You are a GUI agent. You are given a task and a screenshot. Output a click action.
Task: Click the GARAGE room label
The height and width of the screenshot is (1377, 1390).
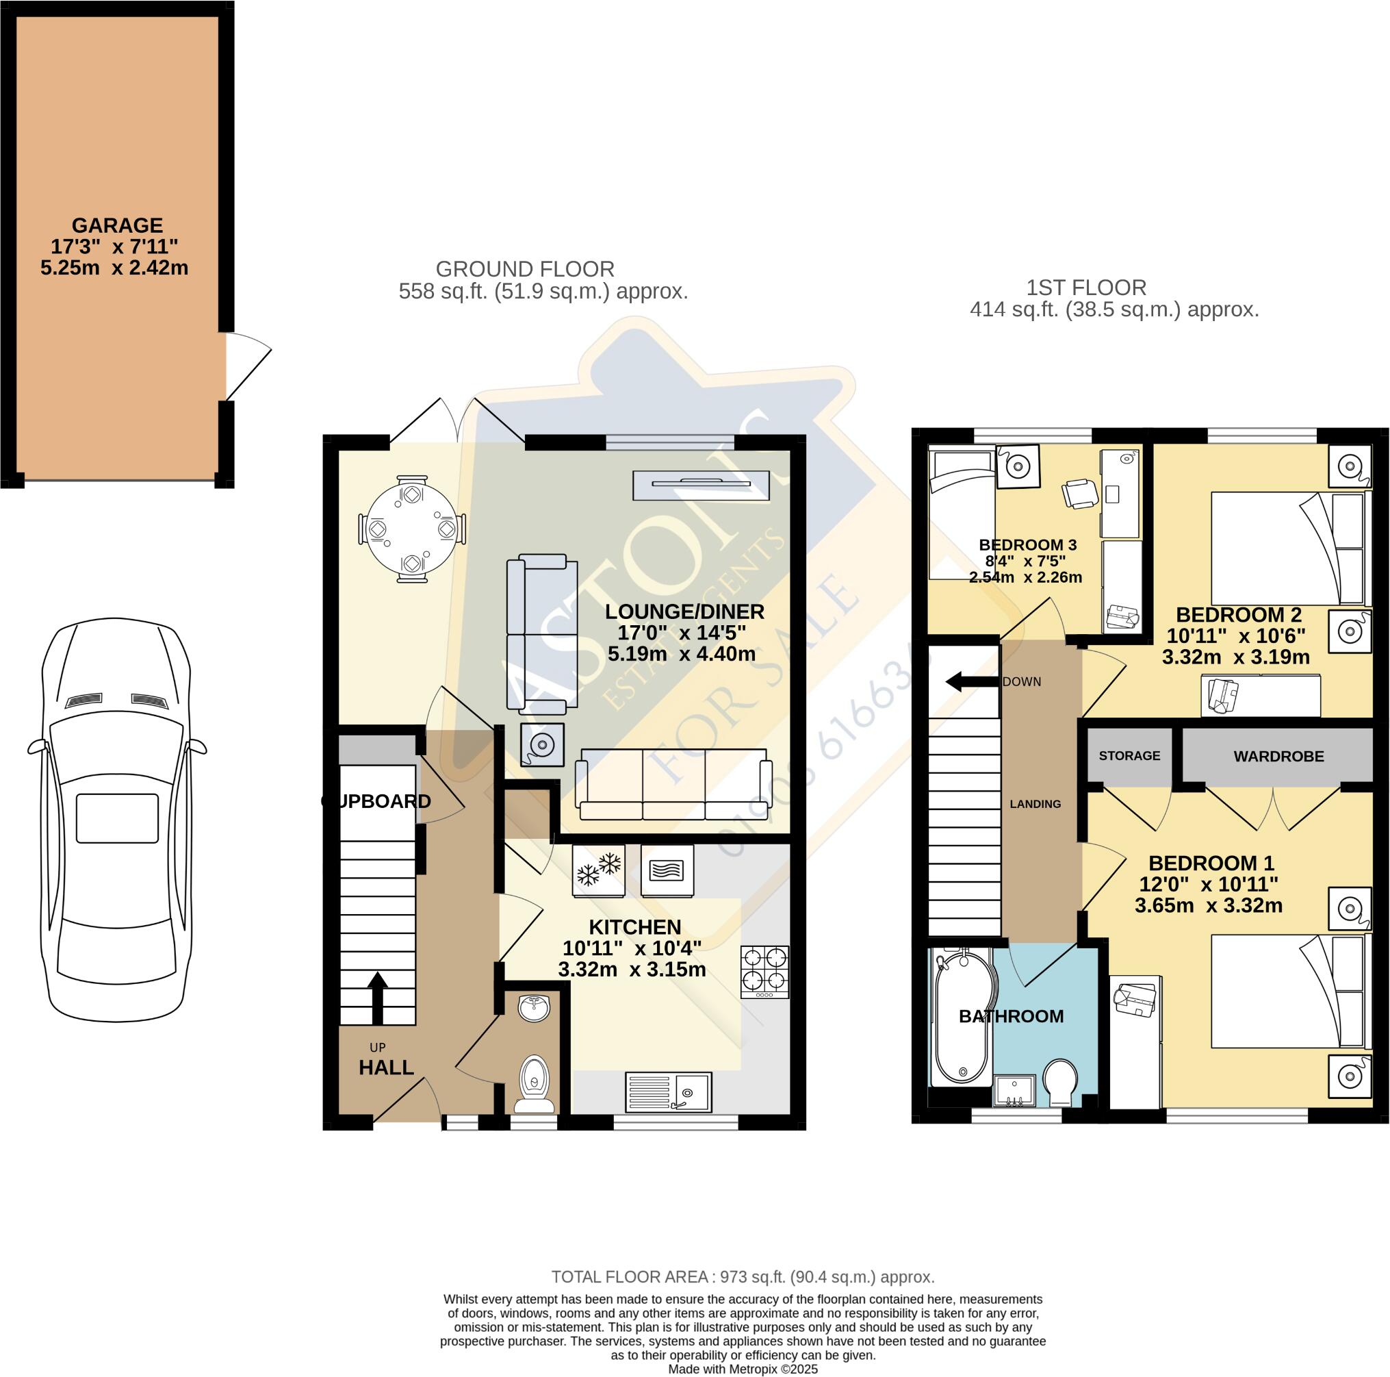point(117,225)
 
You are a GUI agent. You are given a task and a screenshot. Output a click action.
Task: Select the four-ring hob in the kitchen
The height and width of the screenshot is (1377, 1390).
point(764,972)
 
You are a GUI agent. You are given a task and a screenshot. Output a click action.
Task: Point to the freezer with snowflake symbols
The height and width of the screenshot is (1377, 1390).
point(599,870)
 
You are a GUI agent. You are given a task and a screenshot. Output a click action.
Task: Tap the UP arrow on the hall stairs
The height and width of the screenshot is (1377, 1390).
point(378,996)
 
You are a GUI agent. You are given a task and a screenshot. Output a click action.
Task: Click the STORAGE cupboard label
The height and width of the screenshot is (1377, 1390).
point(1129,756)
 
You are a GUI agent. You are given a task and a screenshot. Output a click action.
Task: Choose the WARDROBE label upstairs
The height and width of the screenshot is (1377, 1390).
point(1278,757)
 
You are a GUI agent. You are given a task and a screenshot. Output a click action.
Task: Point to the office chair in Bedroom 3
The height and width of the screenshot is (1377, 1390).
point(1079,493)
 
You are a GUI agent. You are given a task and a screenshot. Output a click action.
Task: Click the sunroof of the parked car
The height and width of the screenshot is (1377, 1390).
point(117,818)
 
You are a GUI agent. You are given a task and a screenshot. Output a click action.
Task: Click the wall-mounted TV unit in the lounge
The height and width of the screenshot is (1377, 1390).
point(701,484)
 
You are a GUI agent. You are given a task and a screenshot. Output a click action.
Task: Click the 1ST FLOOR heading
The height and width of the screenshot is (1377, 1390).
point(1085,288)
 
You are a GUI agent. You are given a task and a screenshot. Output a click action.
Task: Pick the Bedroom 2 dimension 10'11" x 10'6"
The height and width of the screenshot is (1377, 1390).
point(1235,635)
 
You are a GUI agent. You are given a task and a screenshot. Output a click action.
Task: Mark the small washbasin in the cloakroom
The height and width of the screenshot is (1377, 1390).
point(534,1008)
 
